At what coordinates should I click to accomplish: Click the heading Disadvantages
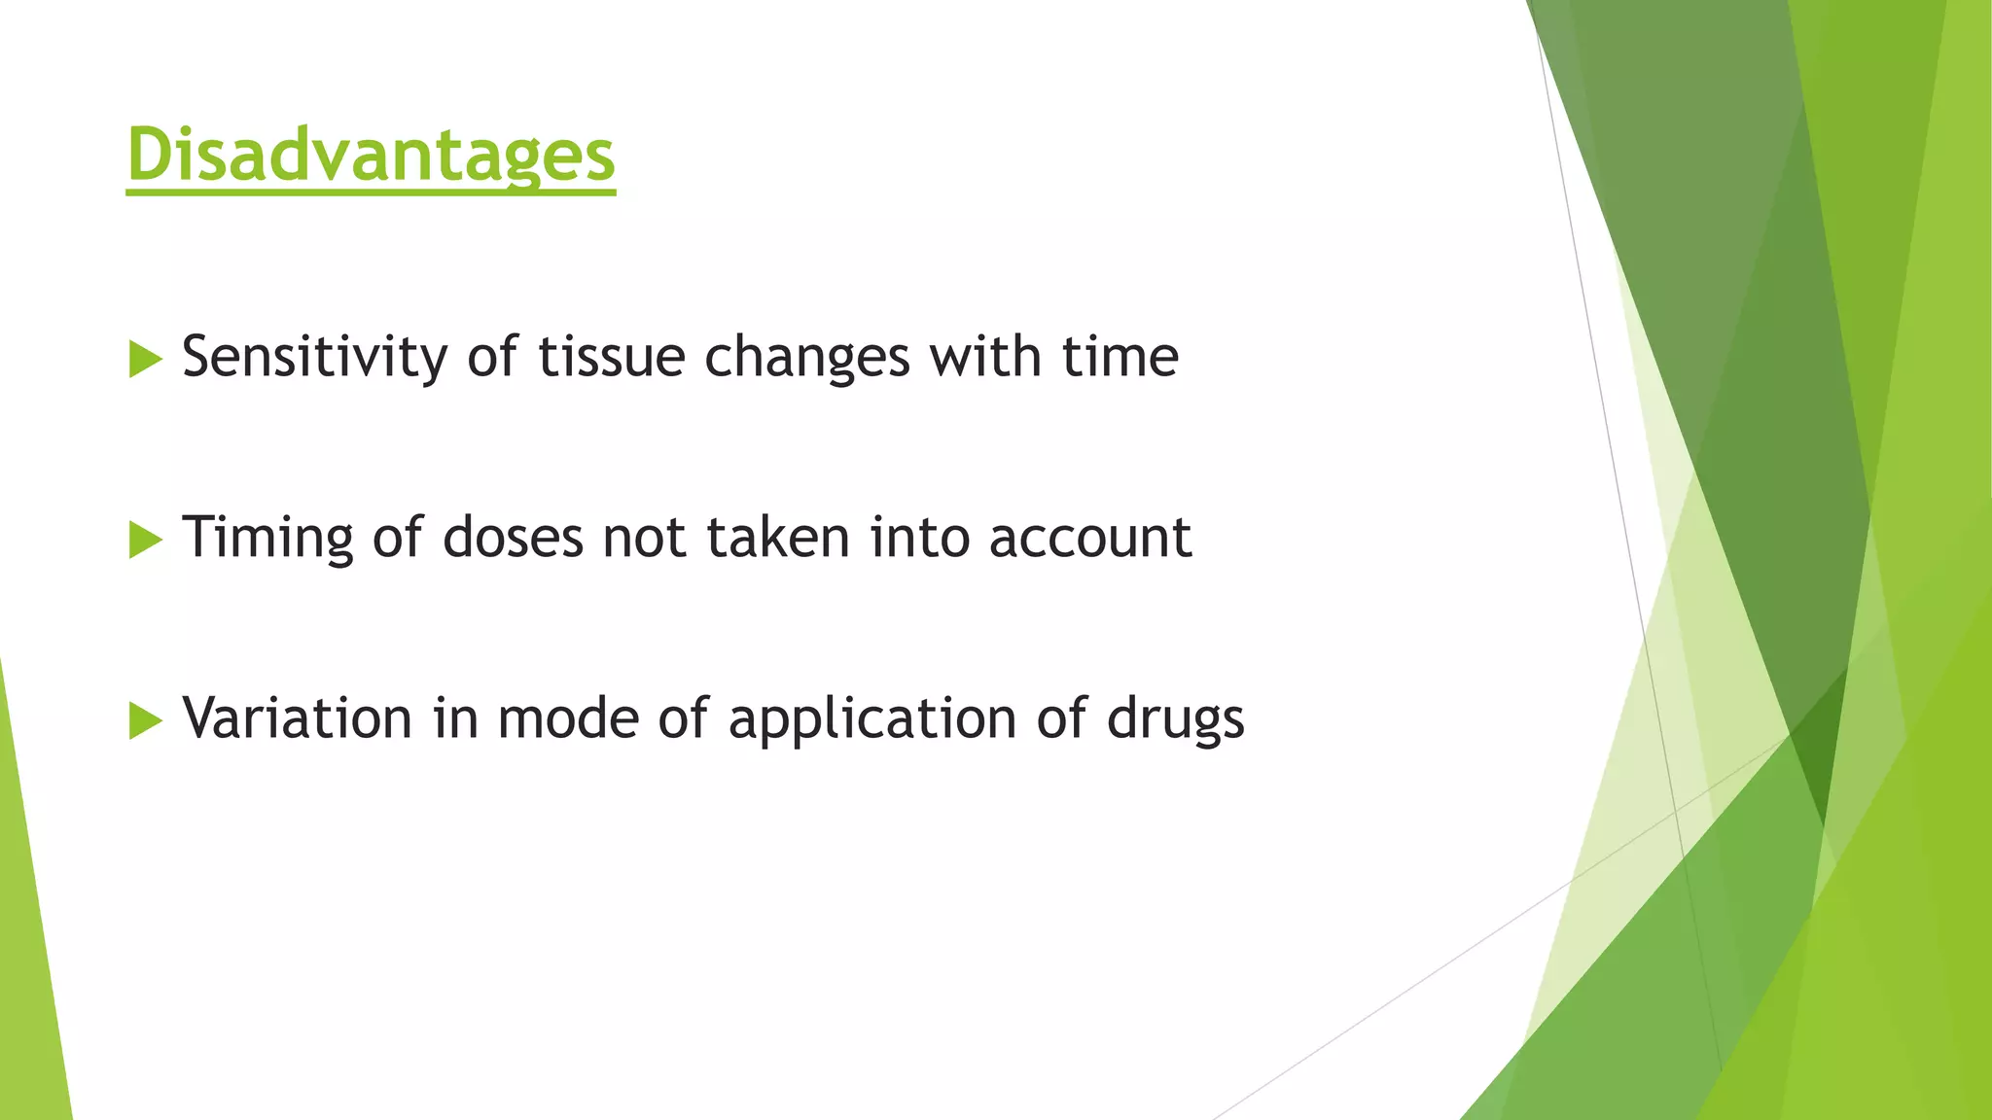click(371, 155)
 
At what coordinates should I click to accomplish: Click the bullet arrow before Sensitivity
click(145, 360)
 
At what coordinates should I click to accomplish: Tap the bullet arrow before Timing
click(145, 540)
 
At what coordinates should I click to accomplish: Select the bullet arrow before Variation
click(145, 720)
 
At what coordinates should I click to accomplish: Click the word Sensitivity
click(315, 357)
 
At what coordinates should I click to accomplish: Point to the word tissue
click(612, 357)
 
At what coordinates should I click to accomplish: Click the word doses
click(513, 538)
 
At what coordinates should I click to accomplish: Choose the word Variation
click(298, 718)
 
